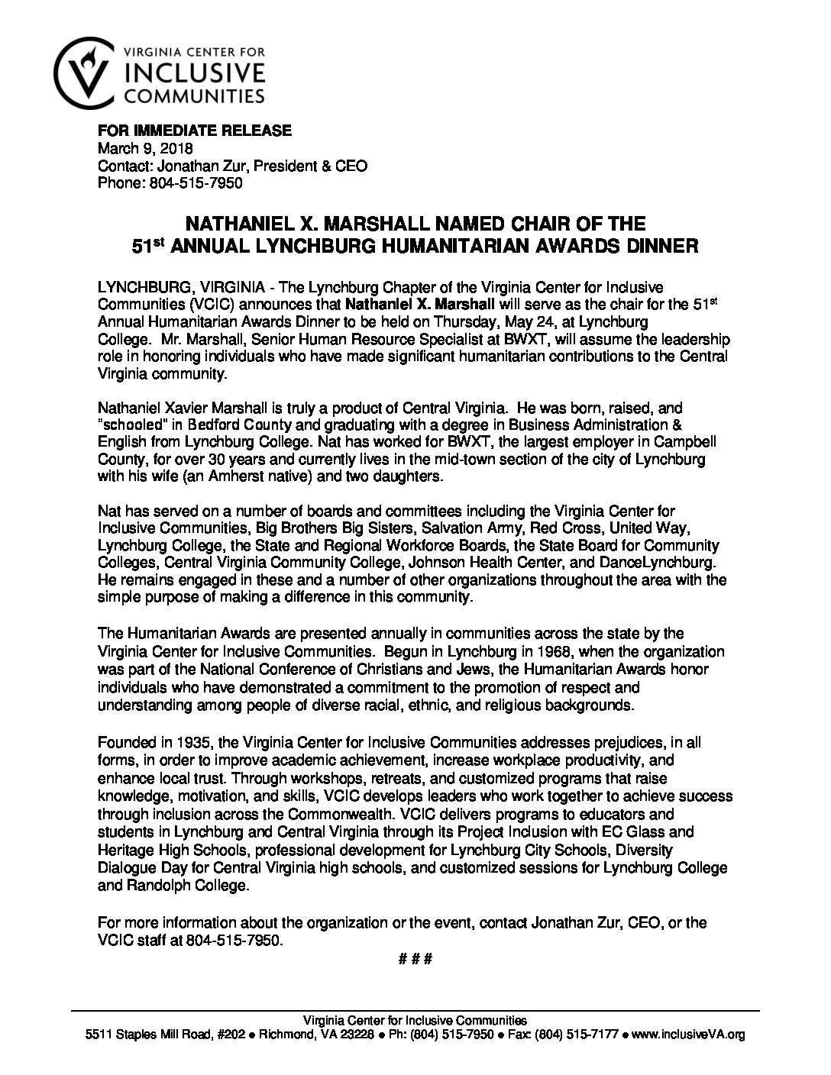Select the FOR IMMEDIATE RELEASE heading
point(194,131)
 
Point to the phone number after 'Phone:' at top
point(191,182)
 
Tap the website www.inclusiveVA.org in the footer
point(690,1036)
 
